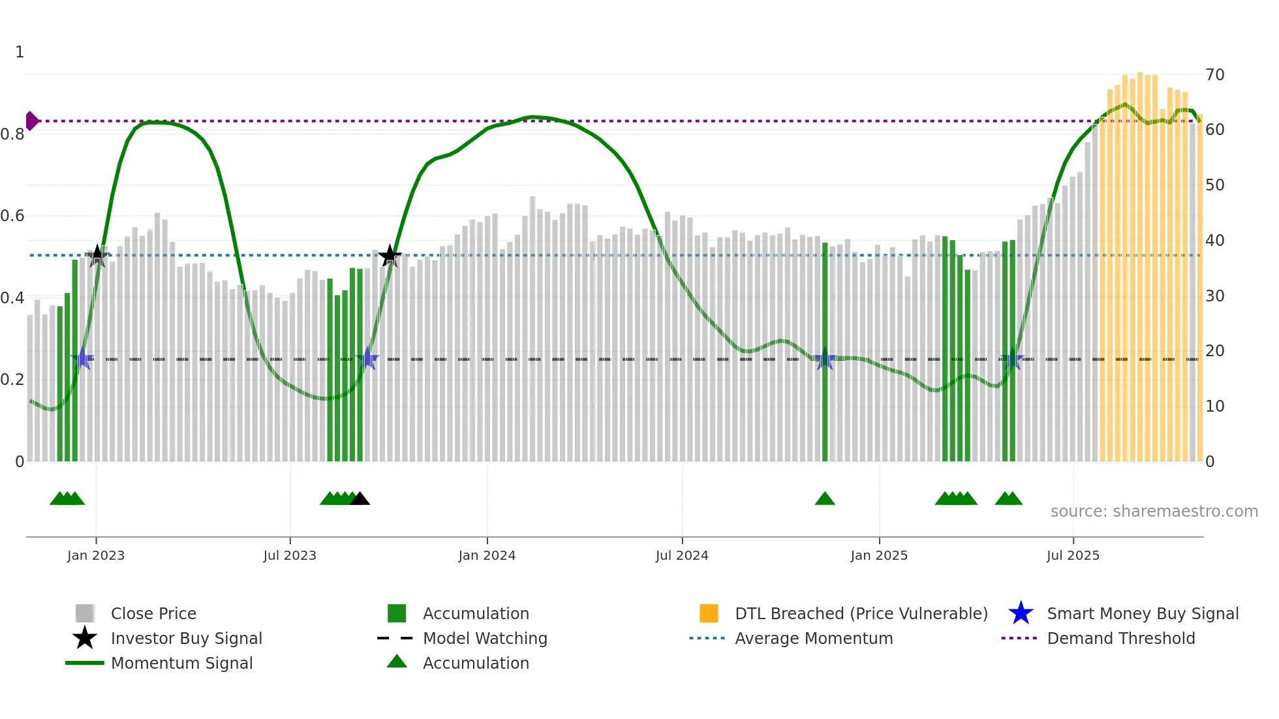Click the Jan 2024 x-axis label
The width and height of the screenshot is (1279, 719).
[487, 555]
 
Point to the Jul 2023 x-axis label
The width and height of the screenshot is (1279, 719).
[290, 555]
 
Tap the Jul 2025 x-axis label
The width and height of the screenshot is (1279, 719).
[1073, 555]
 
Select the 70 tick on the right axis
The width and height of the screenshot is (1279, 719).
[1214, 74]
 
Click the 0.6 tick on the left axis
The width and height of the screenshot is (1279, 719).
[12, 215]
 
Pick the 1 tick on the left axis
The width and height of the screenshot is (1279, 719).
[20, 52]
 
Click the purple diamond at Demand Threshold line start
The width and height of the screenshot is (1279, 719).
[31, 121]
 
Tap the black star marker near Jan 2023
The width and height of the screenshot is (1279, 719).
[97, 256]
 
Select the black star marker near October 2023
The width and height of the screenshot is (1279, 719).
[390, 256]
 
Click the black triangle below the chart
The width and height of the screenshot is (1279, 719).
[360, 499]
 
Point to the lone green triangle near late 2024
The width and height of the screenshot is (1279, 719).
[825, 499]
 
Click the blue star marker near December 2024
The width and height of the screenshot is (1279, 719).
[825, 359]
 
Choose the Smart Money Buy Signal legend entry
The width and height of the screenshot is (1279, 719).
[1142, 613]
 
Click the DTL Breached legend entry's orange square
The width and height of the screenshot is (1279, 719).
[709, 613]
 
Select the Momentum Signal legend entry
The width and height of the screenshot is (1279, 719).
[181, 663]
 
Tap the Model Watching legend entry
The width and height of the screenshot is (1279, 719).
[484, 638]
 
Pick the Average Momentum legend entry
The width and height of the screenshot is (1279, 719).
[813, 638]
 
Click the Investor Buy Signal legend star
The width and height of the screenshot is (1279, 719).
[85, 638]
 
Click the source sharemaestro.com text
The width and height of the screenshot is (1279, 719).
[1154, 511]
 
